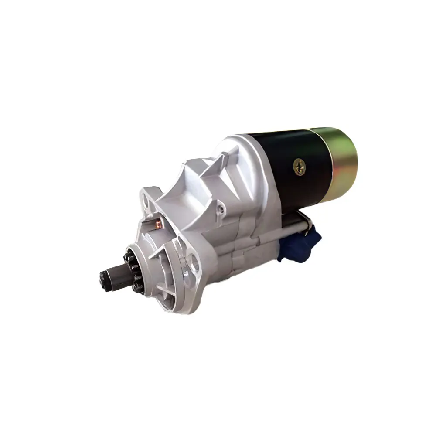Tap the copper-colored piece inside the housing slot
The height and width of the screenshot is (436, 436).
[x=158, y=224]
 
